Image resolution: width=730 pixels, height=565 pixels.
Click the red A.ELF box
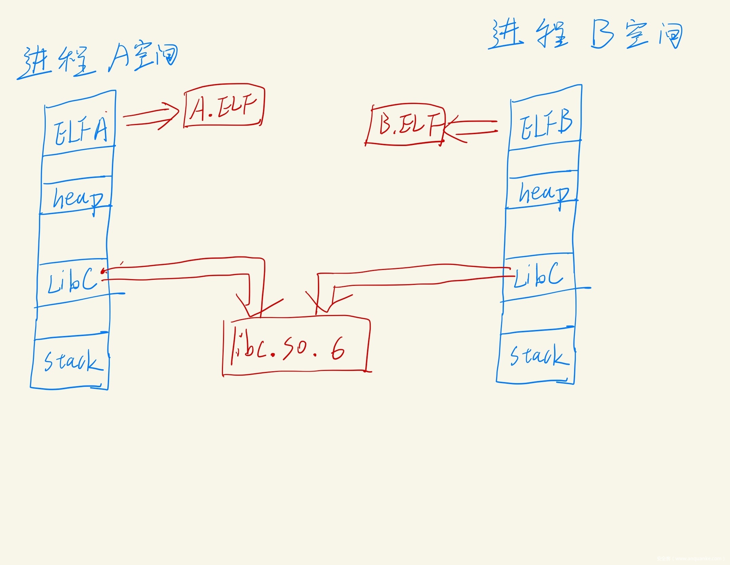(x=224, y=106)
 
